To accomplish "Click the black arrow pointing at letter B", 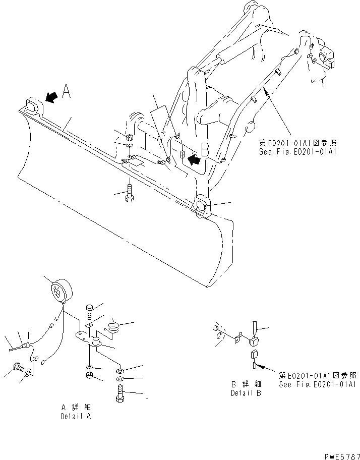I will (194, 160).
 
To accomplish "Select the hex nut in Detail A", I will (89, 376).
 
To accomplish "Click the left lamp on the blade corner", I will (32, 107).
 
